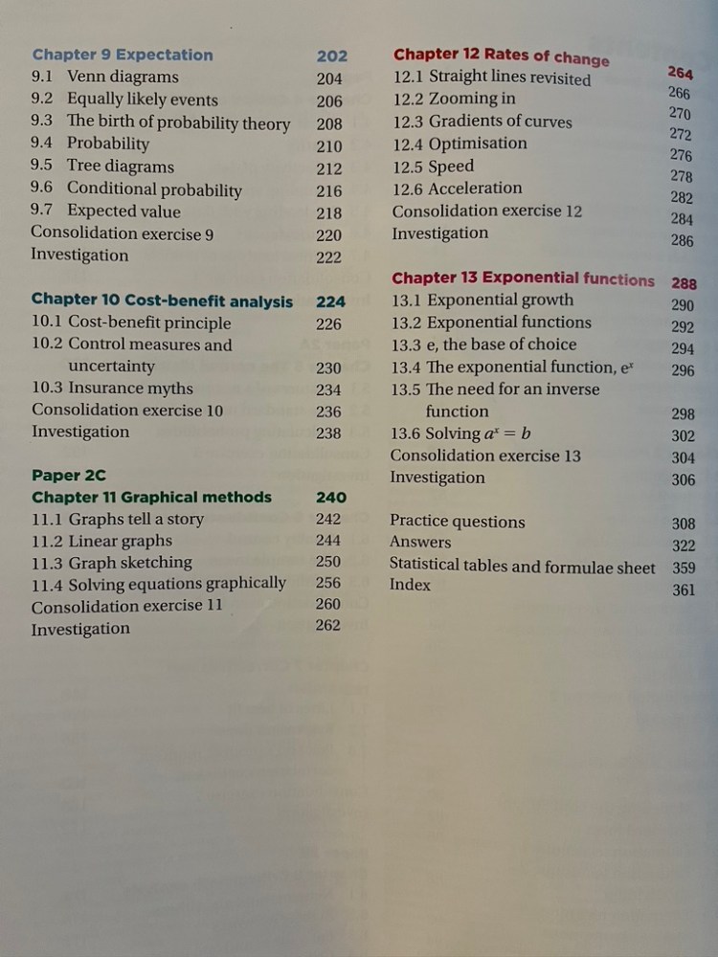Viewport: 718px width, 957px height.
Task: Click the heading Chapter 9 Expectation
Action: click(123, 55)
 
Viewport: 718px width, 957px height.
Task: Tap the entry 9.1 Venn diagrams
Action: click(104, 77)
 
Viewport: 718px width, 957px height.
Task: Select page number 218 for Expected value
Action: click(328, 212)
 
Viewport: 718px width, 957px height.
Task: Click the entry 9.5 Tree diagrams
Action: click(102, 167)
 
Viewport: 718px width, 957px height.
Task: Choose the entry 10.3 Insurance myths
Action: click(112, 389)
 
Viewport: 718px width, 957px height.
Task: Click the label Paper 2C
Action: click(69, 475)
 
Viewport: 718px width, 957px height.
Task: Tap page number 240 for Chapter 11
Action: click(330, 498)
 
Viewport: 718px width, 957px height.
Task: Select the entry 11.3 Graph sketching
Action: click(111, 562)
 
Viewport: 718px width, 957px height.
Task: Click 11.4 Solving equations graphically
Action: click(159, 583)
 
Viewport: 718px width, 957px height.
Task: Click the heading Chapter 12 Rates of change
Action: click(501, 56)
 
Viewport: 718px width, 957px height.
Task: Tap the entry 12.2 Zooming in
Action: click(454, 99)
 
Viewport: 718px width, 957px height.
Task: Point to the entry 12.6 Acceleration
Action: click(458, 189)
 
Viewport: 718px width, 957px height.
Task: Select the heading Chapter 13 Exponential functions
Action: click(523, 278)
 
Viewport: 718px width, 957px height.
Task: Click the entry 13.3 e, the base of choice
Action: click(483, 345)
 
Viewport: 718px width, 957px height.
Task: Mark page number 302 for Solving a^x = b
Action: click(684, 435)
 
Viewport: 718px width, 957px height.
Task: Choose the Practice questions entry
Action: click(457, 522)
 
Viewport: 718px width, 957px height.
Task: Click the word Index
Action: click(410, 585)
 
